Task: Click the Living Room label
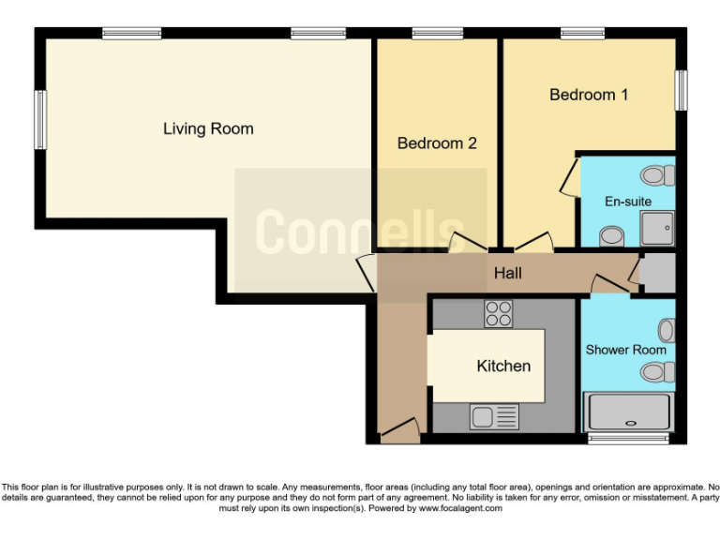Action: coord(208,128)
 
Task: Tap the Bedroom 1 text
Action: coord(589,95)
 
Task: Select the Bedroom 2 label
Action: coord(437,143)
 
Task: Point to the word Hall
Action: coord(507,274)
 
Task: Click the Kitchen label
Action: coord(503,366)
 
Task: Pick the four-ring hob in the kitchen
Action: coord(499,314)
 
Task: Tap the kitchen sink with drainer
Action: coord(494,416)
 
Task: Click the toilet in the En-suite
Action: coord(658,175)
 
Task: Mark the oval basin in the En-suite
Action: coord(609,235)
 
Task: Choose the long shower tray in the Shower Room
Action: coord(628,412)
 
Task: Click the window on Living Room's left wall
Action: coord(40,119)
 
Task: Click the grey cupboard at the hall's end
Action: coord(656,274)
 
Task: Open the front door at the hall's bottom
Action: coord(400,431)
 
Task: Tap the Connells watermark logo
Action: coord(360,230)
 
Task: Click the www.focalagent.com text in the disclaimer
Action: coord(459,508)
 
